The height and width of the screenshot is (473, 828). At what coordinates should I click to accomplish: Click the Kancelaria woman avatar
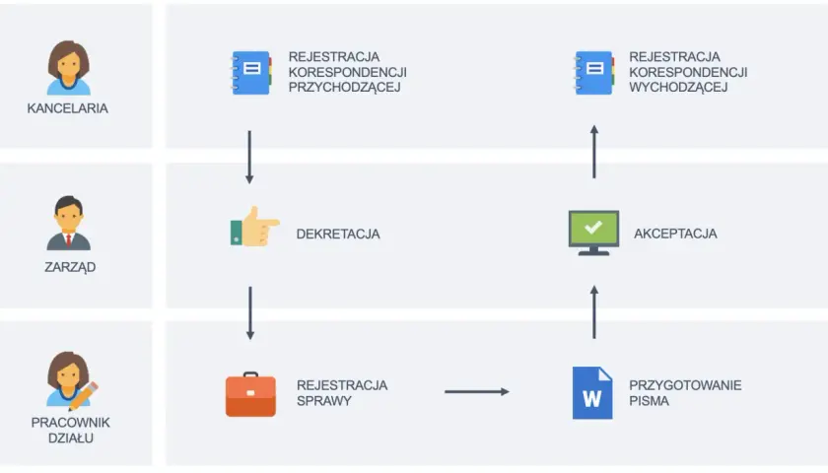[x=69, y=68]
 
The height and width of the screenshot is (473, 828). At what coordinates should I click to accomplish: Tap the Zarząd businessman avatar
[x=69, y=223]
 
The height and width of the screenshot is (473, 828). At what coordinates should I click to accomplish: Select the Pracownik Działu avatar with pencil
[x=72, y=380]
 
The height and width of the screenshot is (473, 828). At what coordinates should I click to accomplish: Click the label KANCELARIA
[x=68, y=108]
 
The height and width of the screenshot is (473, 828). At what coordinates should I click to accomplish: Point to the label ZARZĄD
[x=70, y=267]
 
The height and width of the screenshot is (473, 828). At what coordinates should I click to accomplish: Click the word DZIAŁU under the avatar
[x=71, y=439]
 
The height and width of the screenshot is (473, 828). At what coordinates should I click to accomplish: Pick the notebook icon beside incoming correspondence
[x=250, y=73]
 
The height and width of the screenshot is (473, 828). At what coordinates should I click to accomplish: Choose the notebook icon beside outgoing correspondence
[x=593, y=73]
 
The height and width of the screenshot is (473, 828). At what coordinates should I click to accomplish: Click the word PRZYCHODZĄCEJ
[x=344, y=87]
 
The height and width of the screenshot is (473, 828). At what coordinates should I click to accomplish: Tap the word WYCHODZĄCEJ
[x=678, y=87]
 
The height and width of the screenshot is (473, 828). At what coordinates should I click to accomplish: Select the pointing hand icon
[x=254, y=227]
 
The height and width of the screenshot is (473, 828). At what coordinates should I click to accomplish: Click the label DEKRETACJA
[x=338, y=234]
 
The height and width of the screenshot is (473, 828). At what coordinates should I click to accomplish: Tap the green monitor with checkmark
[x=593, y=233]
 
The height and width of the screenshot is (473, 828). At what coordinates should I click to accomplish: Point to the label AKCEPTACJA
[x=675, y=234]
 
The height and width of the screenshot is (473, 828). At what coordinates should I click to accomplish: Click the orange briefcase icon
[x=250, y=394]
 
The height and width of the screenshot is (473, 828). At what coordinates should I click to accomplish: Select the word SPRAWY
[x=324, y=401]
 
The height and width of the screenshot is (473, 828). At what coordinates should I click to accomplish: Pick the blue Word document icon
[x=592, y=393]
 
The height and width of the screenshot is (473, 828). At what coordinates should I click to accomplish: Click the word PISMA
[x=649, y=401]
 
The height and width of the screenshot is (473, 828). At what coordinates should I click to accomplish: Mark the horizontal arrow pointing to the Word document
[x=477, y=392]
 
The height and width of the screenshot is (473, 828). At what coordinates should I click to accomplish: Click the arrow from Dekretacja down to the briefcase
[x=250, y=313]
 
